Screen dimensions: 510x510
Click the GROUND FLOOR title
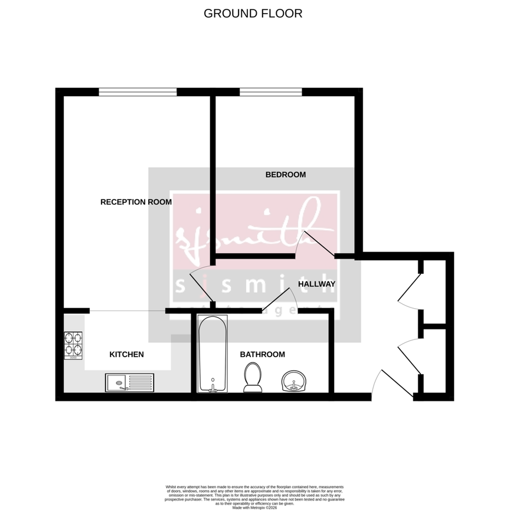point(253,13)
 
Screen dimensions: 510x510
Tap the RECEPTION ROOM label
point(136,202)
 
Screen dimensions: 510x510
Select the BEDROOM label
point(285,175)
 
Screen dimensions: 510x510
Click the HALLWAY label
point(316,284)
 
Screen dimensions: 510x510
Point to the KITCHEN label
point(126,355)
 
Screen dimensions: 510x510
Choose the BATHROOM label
point(262,355)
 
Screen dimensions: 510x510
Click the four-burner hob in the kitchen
point(73,346)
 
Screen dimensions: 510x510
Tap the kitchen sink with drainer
point(129,382)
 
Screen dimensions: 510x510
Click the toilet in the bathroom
point(253,377)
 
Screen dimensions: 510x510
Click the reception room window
point(138,91)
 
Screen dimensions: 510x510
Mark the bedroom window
point(271,91)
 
